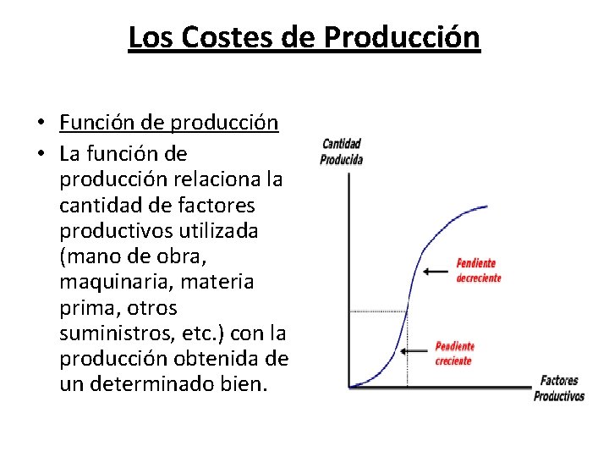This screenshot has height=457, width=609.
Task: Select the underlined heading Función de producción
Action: click(x=169, y=123)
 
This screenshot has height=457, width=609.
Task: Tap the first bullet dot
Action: click(x=40, y=124)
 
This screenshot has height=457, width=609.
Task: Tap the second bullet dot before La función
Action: click(x=40, y=155)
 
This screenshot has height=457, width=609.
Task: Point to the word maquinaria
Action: click(x=115, y=282)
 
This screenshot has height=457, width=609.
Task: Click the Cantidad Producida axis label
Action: click(x=342, y=151)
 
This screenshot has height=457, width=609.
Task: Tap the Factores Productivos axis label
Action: click(x=559, y=388)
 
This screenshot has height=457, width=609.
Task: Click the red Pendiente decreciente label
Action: click(x=478, y=271)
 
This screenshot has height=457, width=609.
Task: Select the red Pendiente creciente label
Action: click(x=454, y=353)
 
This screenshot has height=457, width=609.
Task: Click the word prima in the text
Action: click(x=85, y=307)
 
